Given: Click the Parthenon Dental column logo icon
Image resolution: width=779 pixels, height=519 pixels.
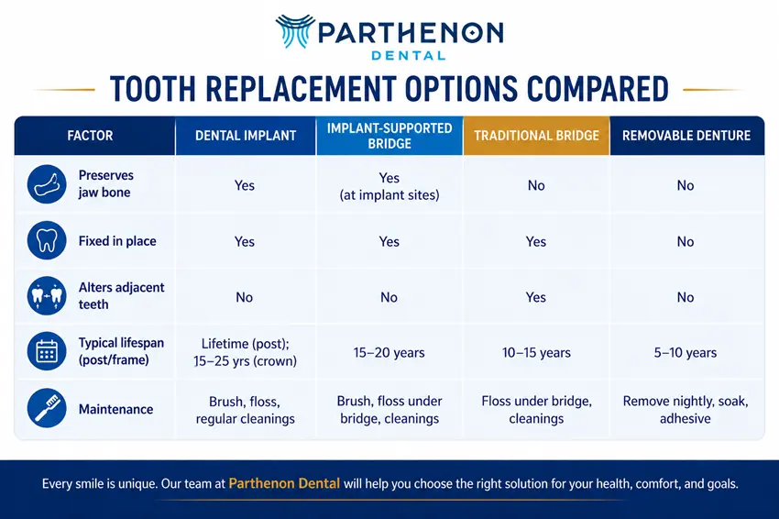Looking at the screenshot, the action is [295, 31].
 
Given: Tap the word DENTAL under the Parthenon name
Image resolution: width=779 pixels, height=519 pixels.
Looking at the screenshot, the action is [409, 56].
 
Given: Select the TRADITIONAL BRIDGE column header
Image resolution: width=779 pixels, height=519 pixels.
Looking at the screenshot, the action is [536, 136].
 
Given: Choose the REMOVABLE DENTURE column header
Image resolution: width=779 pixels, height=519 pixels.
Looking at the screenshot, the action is [686, 136].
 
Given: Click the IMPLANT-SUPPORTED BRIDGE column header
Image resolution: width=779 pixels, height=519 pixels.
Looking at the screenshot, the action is [389, 136].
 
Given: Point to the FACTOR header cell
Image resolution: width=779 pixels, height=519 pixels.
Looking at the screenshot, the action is [90, 136].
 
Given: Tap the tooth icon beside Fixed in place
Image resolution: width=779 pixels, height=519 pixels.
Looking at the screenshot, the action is [47, 240].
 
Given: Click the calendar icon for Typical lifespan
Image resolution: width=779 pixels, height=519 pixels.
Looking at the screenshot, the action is [47, 351].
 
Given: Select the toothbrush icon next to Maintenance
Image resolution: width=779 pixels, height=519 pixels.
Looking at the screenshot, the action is [47, 408].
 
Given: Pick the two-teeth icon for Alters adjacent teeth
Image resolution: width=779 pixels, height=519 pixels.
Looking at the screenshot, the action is [47, 296].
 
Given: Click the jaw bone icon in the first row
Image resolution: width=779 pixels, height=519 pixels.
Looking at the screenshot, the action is [47, 184].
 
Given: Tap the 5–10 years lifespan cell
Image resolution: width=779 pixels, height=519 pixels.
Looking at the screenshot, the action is [686, 352].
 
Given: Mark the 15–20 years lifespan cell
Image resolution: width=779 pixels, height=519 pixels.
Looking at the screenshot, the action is [389, 352].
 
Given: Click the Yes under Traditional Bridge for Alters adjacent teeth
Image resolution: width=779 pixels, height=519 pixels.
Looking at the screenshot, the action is [536, 297].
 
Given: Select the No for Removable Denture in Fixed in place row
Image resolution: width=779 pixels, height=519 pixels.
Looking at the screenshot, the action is [686, 241].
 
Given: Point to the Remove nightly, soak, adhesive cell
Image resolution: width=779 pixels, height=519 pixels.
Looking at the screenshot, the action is [686, 410].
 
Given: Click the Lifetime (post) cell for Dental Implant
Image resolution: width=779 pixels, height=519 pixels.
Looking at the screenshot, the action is [245, 352].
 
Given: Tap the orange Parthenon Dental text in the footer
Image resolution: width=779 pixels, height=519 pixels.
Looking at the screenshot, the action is [284, 483].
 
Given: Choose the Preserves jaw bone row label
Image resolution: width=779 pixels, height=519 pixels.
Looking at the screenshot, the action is [105, 184].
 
